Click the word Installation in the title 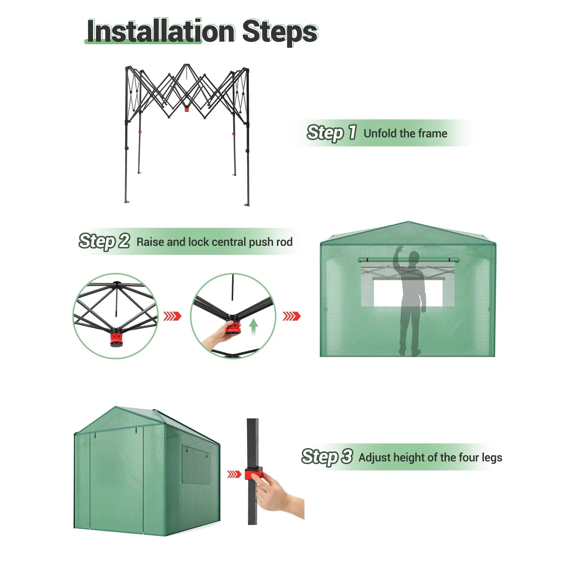[161, 31]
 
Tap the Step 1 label [331, 133]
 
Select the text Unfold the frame [405, 133]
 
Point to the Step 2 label [104, 241]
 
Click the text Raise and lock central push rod [214, 242]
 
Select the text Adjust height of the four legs [430, 457]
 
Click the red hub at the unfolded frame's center [187, 109]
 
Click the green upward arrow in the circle [253, 327]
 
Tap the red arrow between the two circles [172, 316]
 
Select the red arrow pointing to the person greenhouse [292, 316]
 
